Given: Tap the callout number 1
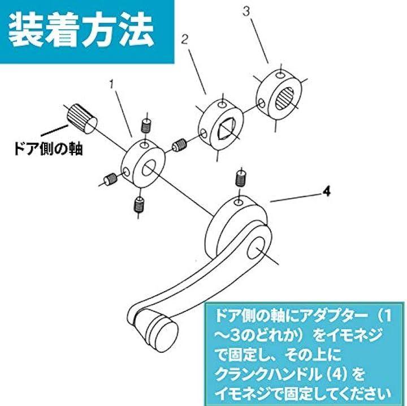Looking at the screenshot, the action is pyautogui.click(x=112, y=84).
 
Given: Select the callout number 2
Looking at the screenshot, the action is pyautogui.click(x=184, y=40).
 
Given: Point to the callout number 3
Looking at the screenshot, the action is pyautogui.click(x=246, y=12).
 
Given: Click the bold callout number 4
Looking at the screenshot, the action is pyautogui.click(x=327, y=192).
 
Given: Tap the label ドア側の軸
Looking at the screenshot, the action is pyautogui.click(x=49, y=149).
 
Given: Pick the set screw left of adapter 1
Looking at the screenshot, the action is pyautogui.click(x=110, y=178).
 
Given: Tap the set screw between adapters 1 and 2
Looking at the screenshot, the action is pyautogui.click(x=179, y=145).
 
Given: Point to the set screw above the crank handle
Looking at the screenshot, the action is pyautogui.click(x=241, y=178).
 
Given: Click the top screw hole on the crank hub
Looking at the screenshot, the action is pyautogui.click(x=239, y=202).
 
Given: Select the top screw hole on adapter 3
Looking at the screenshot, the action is pyautogui.click(x=280, y=75).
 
